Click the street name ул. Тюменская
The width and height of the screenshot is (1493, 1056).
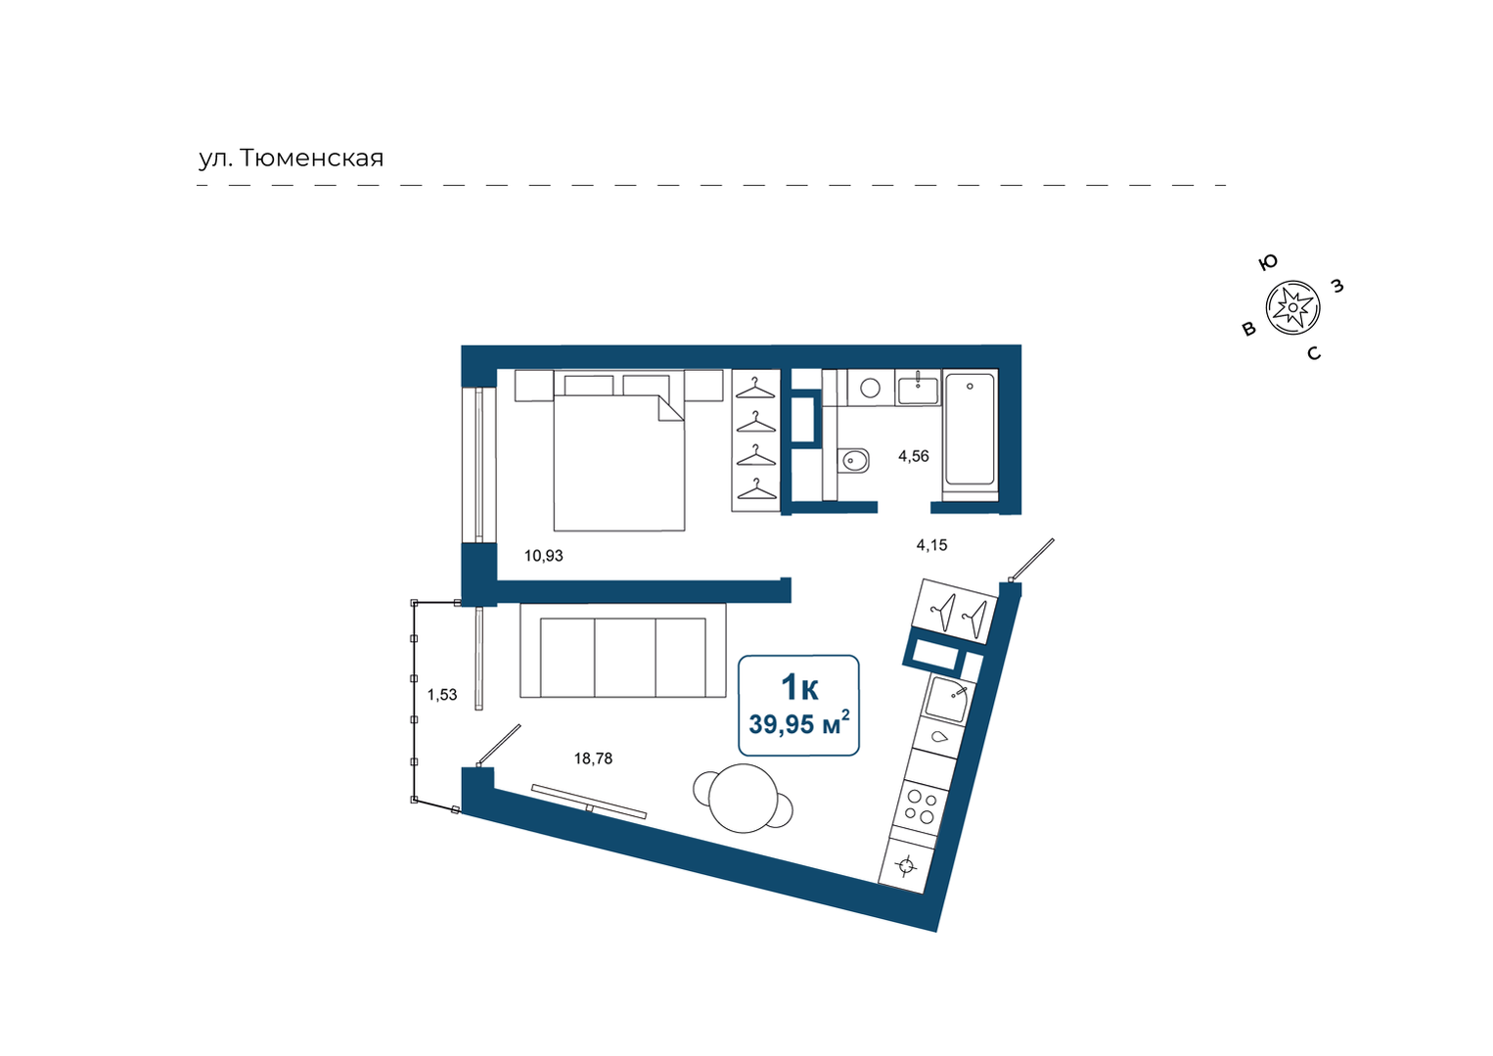(x=292, y=159)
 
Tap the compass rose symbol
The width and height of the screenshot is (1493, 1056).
(x=1292, y=307)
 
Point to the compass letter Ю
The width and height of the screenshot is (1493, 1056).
(x=1268, y=262)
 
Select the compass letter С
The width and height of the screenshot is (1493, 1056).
(x=1314, y=353)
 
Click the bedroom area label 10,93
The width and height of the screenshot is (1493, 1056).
(x=543, y=555)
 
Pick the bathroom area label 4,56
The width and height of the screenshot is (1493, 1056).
(x=913, y=457)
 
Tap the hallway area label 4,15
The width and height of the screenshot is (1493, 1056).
(x=931, y=545)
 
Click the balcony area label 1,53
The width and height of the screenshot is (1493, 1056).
(x=442, y=695)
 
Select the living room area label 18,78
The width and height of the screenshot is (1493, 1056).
(x=593, y=758)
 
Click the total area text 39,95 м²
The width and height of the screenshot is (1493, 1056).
(x=799, y=723)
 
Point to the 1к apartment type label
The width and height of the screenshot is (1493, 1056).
(x=799, y=687)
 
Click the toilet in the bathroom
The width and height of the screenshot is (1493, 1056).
(x=853, y=460)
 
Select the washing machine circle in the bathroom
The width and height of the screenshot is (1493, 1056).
(x=870, y=388)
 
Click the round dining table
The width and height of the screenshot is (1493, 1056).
(x=744, y=798)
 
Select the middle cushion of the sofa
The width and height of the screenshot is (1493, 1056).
(x=624, y=658)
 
